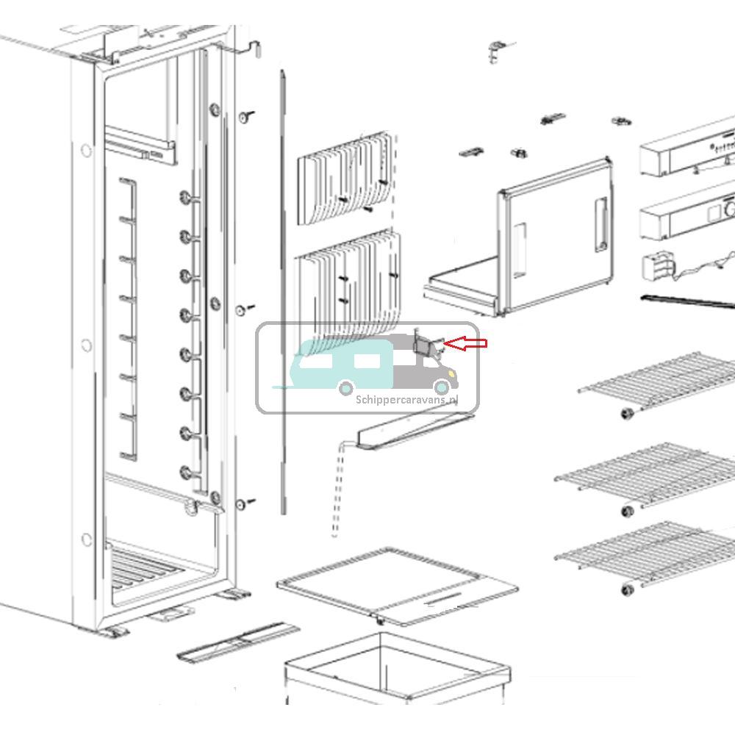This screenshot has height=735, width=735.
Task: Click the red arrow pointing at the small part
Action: [467, 343]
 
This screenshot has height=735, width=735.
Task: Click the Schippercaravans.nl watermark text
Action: [406, 400]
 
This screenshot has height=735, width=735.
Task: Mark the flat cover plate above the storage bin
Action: [397, 584]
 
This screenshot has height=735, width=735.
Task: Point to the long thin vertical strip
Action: [283, 294]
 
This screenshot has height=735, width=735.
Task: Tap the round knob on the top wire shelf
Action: [628, 413]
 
